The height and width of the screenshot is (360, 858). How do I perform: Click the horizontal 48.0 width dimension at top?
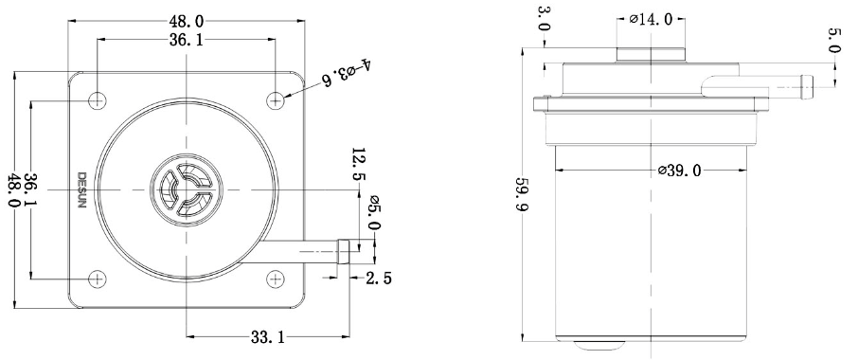(x=187, y=22)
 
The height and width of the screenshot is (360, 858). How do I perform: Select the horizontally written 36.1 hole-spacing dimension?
(x=187, y=40)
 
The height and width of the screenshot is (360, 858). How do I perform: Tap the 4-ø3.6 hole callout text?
(x=348, y=72)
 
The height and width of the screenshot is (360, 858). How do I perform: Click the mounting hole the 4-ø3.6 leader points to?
(x=276, y=100)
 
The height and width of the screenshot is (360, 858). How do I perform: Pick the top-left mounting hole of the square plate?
(x=98, y=100)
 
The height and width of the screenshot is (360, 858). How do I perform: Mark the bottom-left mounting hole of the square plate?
(x=98, y=279)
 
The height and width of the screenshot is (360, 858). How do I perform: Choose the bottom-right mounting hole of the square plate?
(x=276, y=279)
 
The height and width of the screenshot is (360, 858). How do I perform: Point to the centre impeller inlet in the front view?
(x=187, y=189)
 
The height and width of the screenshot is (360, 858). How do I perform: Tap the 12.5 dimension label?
(x=360, y=164)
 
